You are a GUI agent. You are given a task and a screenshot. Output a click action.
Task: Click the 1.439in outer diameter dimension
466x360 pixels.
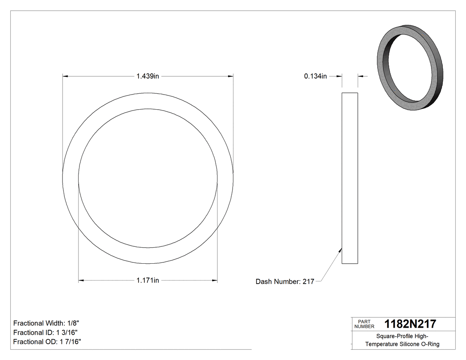click(148, 76)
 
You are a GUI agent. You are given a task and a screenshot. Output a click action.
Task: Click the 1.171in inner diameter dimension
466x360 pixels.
click(148, 280)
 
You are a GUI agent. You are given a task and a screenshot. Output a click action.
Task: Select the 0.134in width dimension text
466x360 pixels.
click(315, 76)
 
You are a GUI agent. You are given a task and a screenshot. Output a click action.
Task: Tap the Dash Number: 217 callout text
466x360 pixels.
click(285, 281)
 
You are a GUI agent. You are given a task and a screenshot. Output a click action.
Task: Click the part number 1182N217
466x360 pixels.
click(410, 324)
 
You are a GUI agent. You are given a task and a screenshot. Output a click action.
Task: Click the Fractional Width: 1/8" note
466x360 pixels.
click(46, 323)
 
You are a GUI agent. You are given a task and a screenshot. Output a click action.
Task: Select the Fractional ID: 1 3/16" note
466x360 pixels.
click(46, 332)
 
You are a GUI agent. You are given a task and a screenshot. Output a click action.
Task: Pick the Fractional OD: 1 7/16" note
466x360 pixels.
click(47, 342)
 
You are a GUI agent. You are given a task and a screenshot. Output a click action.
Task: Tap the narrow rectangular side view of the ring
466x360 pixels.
click(350, 178)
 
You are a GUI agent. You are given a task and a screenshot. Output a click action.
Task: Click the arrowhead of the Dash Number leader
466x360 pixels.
click(340, 250)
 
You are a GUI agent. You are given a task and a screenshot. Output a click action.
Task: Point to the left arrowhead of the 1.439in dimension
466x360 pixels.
click(65, 76)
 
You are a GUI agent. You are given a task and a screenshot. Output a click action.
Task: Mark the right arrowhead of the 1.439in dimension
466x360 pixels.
click(231, 76)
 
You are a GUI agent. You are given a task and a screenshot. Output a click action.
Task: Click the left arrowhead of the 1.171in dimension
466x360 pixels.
click(81, 280)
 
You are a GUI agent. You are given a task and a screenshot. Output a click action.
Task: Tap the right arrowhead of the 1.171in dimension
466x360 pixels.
click(215, 280)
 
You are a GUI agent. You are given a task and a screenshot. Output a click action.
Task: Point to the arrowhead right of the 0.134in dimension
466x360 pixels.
click(360, 76)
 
